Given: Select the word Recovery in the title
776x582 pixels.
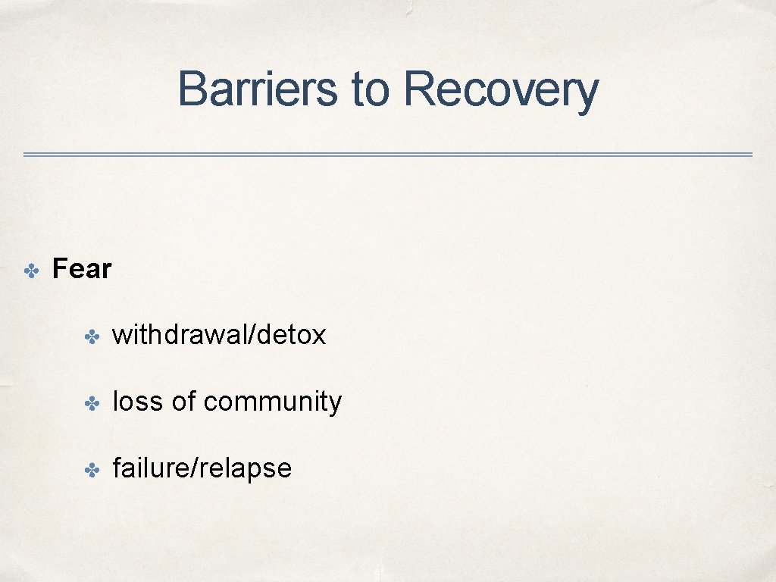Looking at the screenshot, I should (x=500, y=89).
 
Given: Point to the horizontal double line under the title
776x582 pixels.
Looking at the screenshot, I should (x=388, y=155).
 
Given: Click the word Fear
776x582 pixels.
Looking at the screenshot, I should (x=82, y=269).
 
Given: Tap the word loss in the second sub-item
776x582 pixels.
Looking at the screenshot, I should (x=138, y=402).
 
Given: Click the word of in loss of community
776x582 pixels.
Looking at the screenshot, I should (x=183, y=402).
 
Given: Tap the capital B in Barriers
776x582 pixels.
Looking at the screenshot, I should (x=191, y=89).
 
